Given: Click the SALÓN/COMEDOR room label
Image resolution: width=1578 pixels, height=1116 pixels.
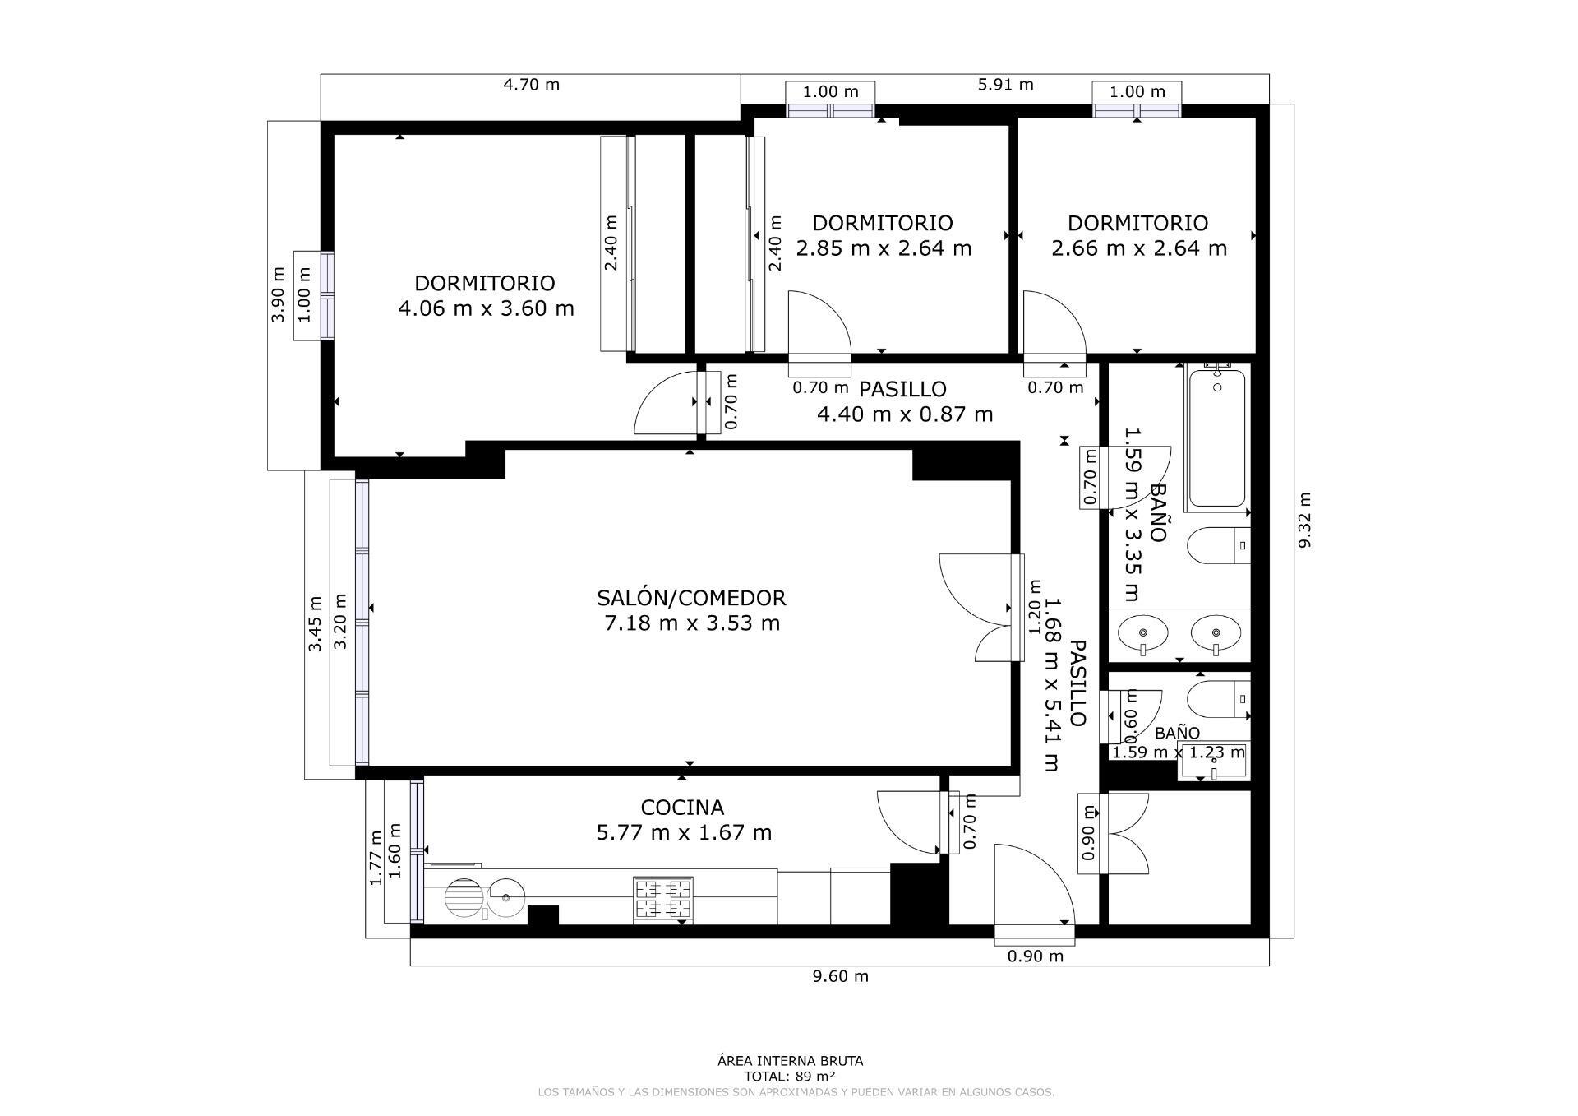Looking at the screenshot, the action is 691,598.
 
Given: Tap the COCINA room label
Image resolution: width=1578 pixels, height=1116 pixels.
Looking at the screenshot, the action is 682,808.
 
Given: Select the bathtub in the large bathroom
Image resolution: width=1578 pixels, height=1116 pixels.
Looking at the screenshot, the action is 1217,438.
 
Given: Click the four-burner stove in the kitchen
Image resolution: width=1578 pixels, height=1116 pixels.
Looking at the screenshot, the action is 663,898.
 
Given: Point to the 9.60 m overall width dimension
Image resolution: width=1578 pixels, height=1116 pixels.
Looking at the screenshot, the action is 840,976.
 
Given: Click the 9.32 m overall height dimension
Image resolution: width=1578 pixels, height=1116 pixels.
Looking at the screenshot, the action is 1303,520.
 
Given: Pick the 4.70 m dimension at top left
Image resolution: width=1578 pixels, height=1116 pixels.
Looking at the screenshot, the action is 531,84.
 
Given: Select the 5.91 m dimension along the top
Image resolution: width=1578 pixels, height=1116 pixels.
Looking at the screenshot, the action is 1005,84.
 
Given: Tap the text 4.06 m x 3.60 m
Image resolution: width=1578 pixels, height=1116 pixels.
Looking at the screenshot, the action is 486,309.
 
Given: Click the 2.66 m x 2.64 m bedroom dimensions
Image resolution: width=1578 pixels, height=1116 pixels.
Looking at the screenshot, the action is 1139,248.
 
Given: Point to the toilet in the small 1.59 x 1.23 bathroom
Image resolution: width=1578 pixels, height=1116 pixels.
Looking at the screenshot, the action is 1218,698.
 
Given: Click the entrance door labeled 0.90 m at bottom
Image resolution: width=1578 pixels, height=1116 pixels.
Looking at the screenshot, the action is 1034,888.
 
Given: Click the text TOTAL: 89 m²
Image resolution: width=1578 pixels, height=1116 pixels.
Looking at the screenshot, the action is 790,1076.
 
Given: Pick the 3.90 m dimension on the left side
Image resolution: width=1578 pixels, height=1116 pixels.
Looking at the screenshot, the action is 278,294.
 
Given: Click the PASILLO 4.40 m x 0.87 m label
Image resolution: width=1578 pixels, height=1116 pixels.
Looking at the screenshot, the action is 904,401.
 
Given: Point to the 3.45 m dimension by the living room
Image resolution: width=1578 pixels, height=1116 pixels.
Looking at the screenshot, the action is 315,624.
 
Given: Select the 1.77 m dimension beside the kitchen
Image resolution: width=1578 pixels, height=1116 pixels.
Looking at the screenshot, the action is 376,858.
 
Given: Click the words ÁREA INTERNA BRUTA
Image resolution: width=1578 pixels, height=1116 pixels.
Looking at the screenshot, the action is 790,1061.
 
